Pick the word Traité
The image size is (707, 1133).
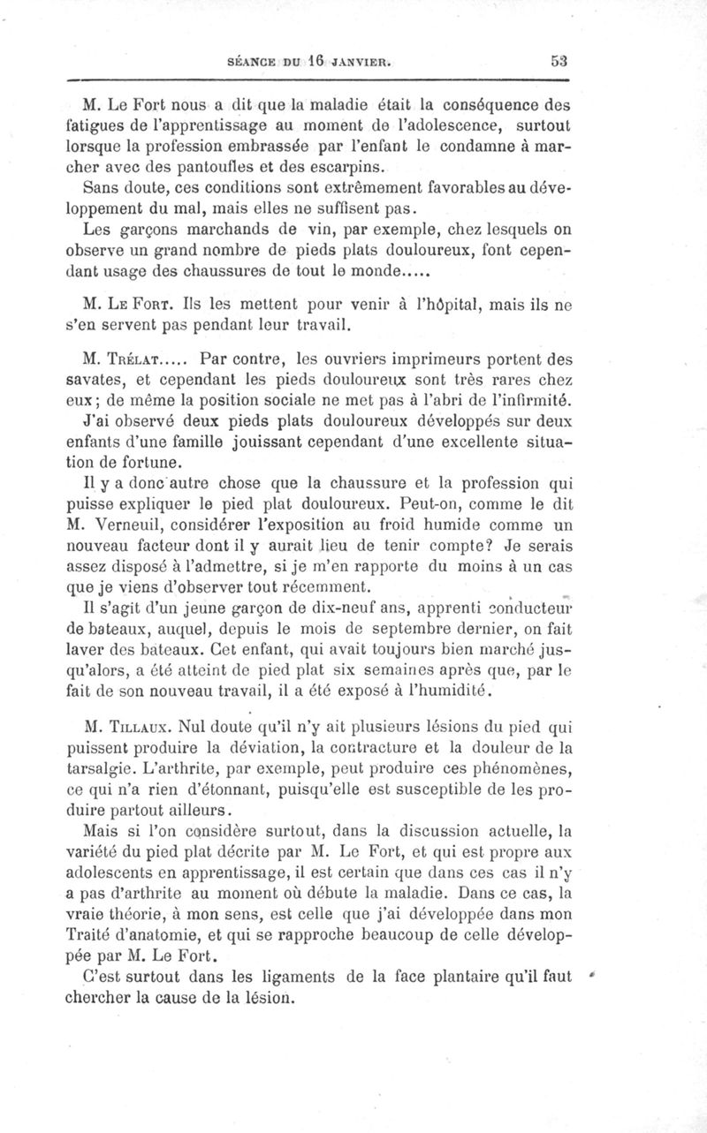pyautogui.click(x=93, y=935)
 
